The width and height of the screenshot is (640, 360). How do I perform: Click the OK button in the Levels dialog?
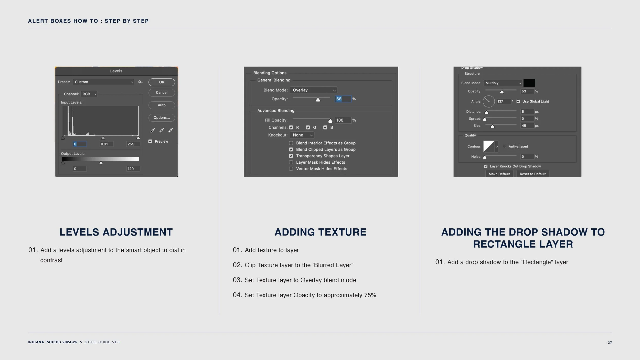(162, 82)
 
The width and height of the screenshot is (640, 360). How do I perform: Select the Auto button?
(162, 105)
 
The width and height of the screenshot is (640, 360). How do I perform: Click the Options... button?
(162, 118)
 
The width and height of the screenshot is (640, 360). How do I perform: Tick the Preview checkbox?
(150, 141)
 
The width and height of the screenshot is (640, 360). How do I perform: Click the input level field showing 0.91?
(106, 144)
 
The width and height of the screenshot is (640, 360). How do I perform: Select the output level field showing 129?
(133, 169)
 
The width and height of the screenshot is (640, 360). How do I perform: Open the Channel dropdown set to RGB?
(89, 94)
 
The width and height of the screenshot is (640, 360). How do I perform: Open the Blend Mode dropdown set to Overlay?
(314, 90)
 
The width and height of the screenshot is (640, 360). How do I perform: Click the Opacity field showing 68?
(343, 99)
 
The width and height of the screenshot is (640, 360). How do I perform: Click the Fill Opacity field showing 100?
(343, 120)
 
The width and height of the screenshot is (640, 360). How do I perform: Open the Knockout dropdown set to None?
(302, 135)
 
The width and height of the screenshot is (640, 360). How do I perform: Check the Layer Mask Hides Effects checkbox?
(291, 162)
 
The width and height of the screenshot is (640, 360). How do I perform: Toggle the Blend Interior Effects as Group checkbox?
(291, 143)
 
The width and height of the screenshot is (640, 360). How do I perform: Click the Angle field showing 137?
(503, 101)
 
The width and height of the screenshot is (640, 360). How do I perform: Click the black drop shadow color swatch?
(529, 83)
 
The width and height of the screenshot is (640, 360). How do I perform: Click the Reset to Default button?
(533, 174)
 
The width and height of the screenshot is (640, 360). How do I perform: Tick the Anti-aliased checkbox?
(504, 146)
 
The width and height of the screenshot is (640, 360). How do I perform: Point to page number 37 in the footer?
(610, 343)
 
